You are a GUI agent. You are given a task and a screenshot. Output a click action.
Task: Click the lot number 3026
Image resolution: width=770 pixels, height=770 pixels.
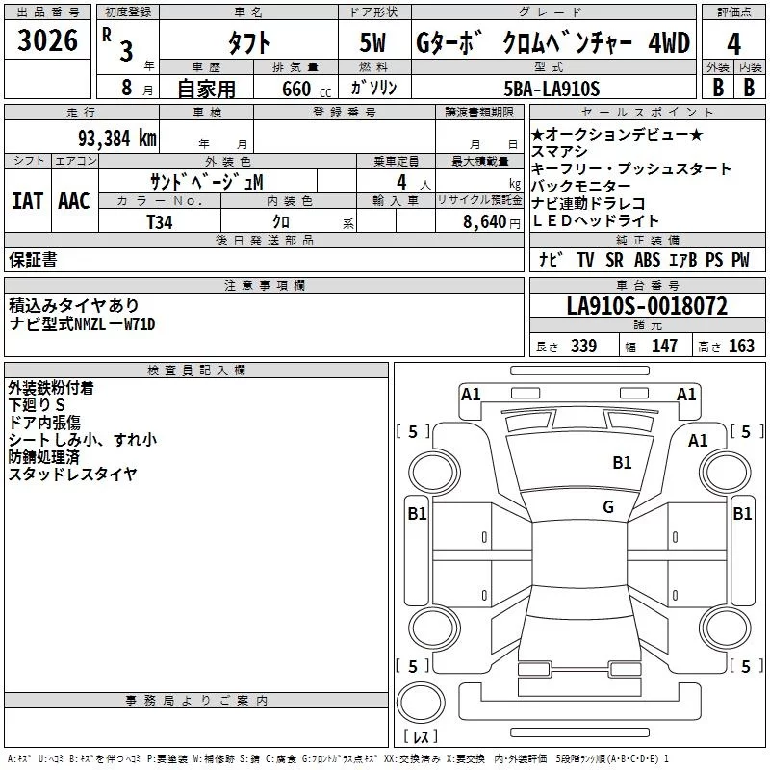[48, 42]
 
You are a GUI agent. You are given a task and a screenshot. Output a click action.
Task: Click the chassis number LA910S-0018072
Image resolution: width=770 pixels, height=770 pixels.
[647, 307]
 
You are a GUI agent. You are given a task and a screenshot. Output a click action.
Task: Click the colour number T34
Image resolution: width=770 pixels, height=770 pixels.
[161, 220]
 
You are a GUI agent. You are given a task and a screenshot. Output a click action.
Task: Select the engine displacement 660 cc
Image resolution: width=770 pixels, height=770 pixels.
[292, 89]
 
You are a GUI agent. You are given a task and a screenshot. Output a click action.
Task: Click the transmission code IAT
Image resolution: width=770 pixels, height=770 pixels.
[28, 200]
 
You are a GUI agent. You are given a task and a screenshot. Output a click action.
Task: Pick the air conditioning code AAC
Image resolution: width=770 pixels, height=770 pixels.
[74, 200]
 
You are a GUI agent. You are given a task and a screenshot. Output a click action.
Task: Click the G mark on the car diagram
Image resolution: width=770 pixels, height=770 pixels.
[608, 507]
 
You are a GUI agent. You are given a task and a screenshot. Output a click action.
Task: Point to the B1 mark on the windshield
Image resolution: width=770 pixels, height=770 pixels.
[623, 463]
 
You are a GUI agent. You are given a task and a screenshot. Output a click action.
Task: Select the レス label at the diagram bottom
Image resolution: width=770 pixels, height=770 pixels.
[420, 737]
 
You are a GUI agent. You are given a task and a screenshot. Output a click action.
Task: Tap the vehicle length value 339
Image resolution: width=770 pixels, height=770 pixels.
[583, 346]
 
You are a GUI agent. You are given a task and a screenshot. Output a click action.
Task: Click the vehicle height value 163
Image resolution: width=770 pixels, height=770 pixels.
[741, 346]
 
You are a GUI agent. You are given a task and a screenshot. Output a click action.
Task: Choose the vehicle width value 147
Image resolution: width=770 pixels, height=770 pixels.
[664, 346]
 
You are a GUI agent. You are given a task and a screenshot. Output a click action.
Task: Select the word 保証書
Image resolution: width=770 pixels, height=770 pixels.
[33, 259]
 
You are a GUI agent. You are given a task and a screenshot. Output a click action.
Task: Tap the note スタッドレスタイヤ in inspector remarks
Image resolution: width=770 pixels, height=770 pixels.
[73, 474]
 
